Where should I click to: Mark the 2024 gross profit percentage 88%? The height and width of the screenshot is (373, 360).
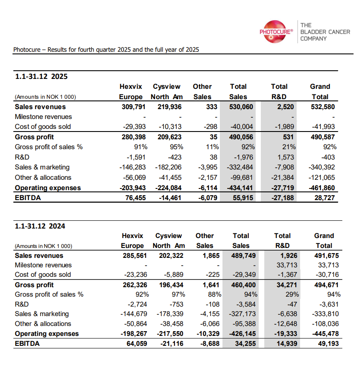(x=214, y=295)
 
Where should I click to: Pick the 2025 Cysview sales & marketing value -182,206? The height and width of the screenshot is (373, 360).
(x=166, y=167)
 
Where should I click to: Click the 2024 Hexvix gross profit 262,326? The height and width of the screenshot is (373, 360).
(x=135, y=285)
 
